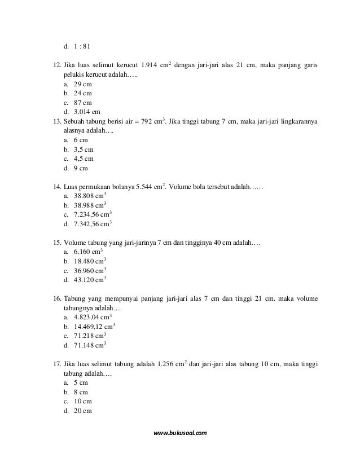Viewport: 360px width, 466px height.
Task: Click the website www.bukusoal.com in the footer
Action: (x=181, y=433)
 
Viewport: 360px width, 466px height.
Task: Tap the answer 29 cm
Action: (x=83, y=83)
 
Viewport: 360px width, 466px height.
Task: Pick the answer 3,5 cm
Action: (x=84, y=149)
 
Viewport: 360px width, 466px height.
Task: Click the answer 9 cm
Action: (x=81, y=168)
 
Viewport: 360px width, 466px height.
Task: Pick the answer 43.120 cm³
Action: (x=90, y=280)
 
